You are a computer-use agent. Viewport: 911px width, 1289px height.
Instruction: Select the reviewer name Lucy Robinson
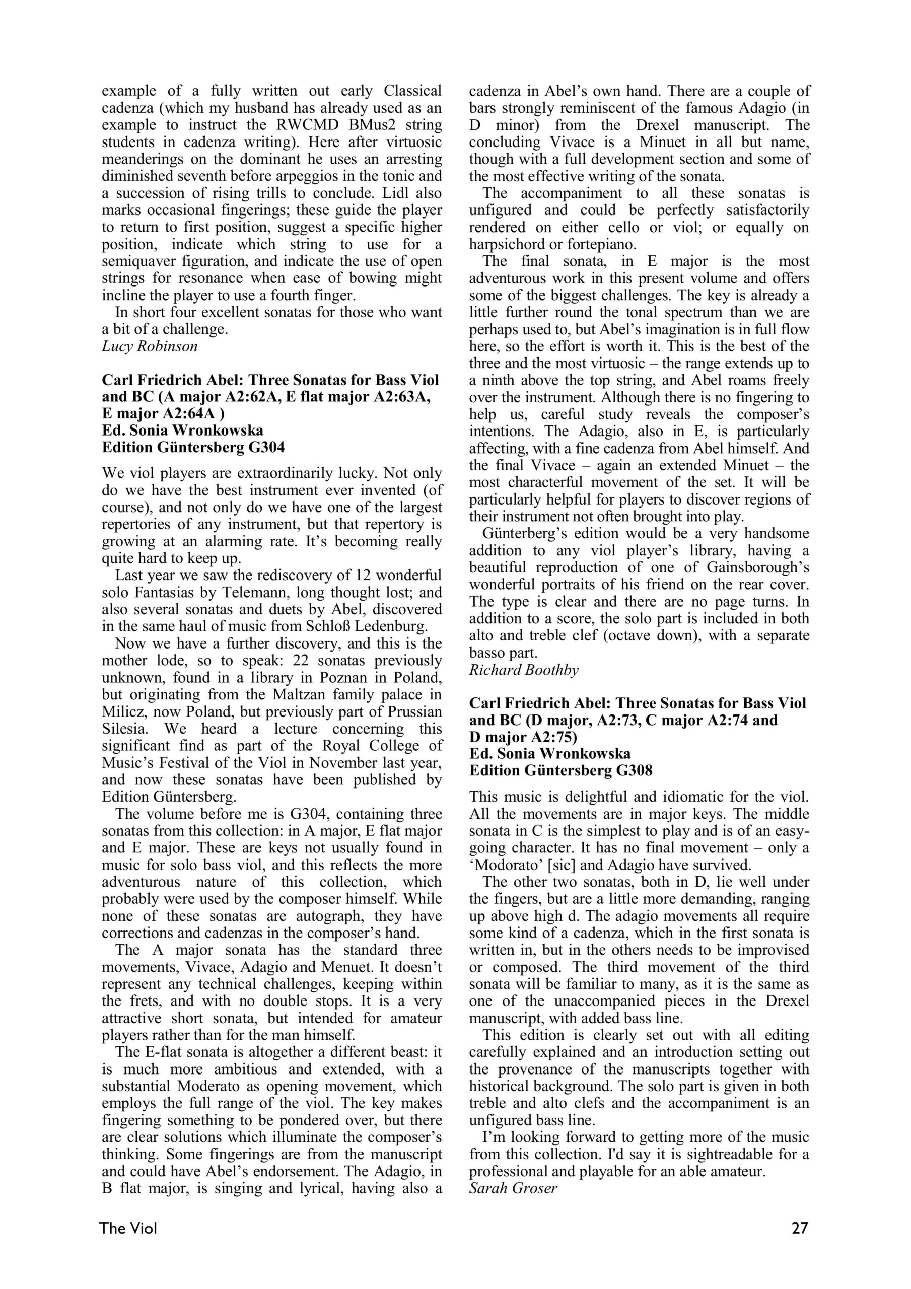tap(150, 346)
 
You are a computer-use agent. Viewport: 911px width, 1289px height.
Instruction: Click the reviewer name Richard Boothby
tap(523, 670)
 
